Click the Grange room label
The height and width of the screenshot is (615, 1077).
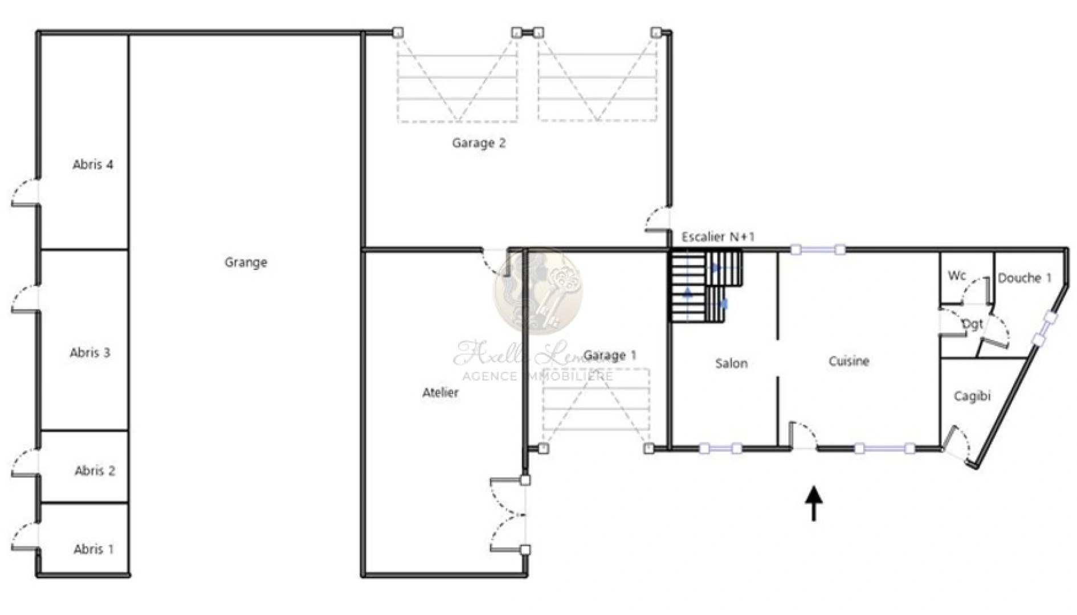246,263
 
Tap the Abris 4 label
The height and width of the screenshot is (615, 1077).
93,165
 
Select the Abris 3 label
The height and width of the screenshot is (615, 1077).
90,352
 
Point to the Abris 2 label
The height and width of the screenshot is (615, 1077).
95,471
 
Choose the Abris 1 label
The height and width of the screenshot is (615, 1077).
93,550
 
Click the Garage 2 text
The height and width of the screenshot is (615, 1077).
479,143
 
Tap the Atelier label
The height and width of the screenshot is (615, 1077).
440,392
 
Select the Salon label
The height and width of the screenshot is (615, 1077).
731,363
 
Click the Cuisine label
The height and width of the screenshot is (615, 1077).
848,361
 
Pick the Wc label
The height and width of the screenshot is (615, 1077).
957,276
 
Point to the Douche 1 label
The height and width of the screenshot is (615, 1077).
1024,278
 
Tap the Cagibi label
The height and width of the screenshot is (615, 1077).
972,396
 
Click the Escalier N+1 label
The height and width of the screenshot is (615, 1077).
718,237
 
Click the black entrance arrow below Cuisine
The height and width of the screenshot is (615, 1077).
814,503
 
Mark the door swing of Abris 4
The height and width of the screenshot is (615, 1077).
25,192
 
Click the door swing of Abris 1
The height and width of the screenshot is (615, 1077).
25,537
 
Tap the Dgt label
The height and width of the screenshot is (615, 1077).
972,324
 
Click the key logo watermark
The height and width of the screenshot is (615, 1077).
538,291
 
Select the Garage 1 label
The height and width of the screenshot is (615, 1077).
610,356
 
